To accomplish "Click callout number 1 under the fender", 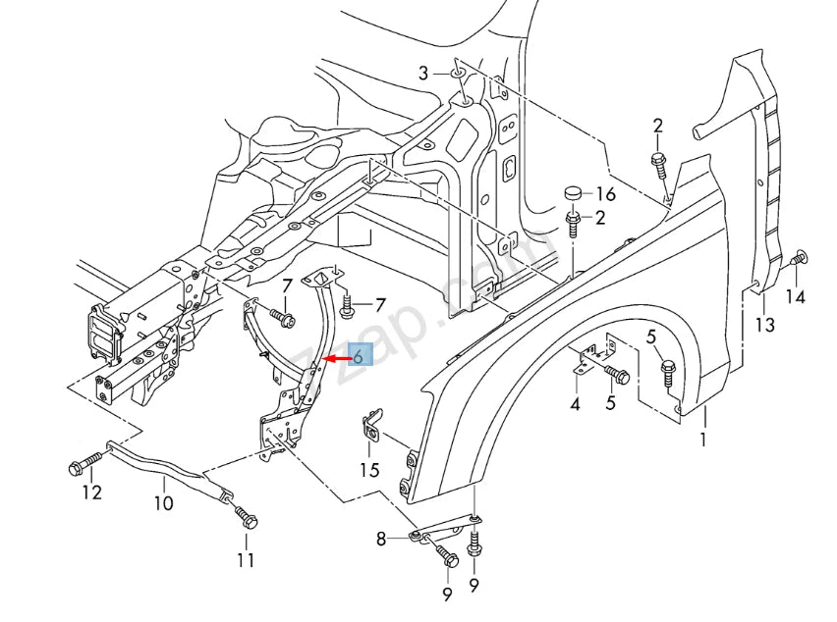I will click(702, 440).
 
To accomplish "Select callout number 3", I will click(423, 73).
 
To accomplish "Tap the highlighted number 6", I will click(359, 357).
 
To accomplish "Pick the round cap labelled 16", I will click(573, 193).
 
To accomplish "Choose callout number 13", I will click(764, 325).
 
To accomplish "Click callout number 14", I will click(796, 297).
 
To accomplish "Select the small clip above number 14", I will click(798, 260).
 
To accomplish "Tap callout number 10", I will click(163, 503).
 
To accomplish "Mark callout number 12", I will click(91, 492).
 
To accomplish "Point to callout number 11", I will click(246, 560).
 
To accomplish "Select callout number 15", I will click(368, 470).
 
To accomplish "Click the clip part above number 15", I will click(371, 426).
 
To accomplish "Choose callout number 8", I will click(381, 538).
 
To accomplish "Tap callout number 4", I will click(575, 403).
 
